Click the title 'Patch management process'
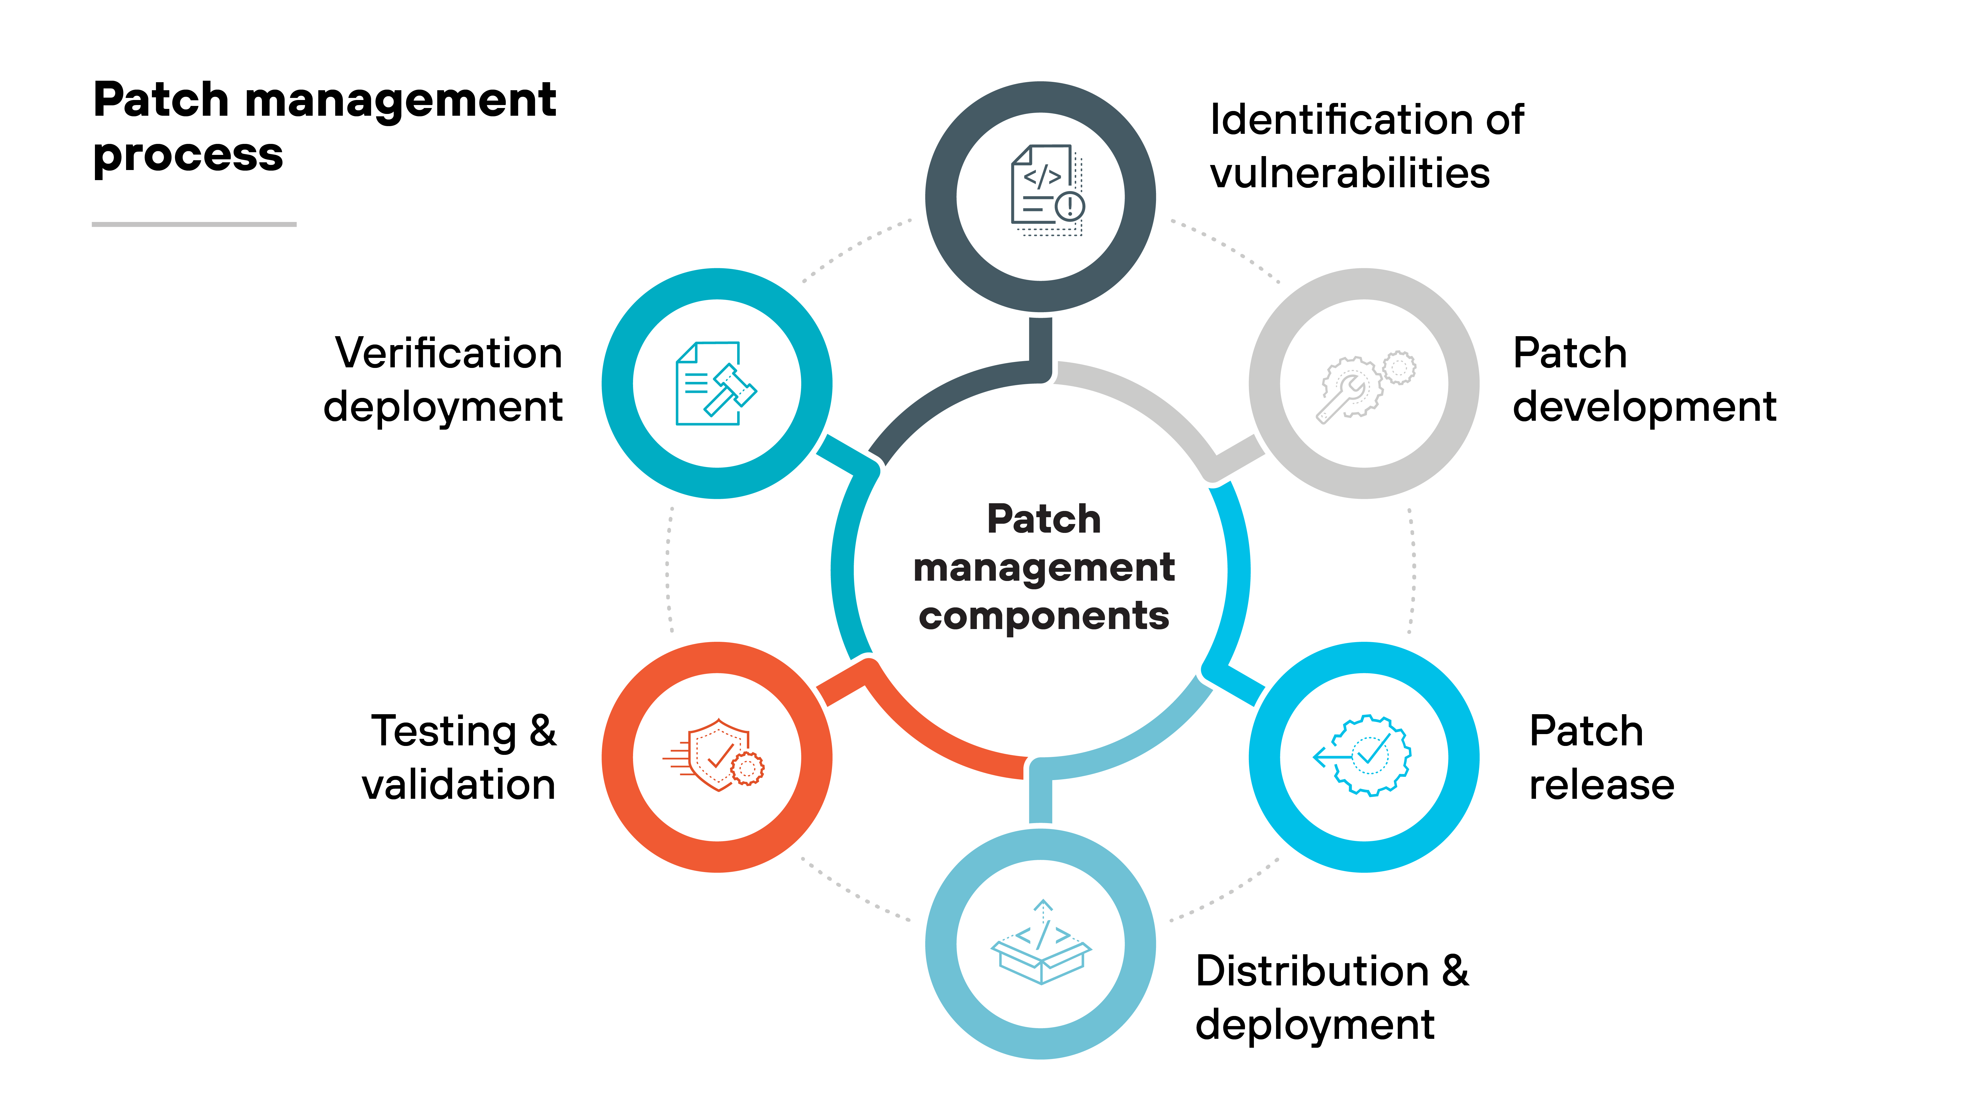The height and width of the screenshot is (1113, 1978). pos(324,127)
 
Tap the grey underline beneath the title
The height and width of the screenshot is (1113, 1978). pos(194,224)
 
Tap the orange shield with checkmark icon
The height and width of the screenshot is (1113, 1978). pos(714,755)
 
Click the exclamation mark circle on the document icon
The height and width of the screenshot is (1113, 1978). pos(1070,206)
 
